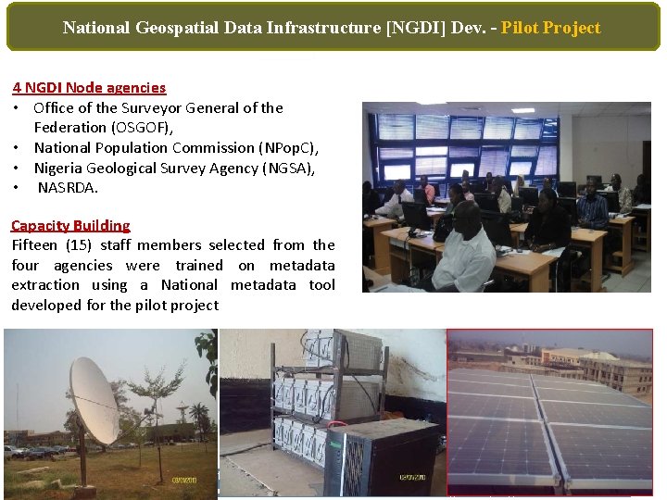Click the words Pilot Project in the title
pos(550,28)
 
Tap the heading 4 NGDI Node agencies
pos(89,88)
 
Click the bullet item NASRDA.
pos(68,188)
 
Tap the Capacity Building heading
pos(70,225)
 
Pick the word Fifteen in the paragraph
pos(36,245)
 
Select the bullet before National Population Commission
pos(18,148)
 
